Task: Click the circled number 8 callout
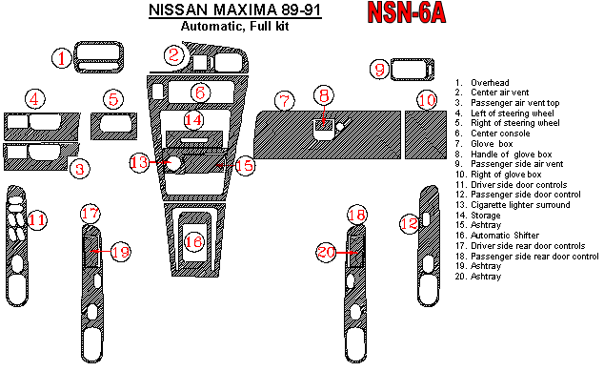coord(324,95)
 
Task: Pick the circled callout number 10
coord(427,100)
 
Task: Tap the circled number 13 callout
coord(140,163)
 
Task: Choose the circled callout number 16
coord(193,242)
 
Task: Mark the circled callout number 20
coord(327,252)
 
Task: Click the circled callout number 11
coord(36,221)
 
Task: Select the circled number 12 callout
coord(408,223)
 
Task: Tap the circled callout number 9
coord(379,70)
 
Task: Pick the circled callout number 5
coord(113,99)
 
